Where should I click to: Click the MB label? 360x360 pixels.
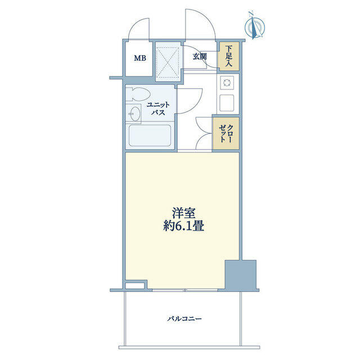[x=140, y=58]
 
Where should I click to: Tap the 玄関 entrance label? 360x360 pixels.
[x=200, y=56]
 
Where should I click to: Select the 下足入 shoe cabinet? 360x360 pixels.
[x=228, y=56]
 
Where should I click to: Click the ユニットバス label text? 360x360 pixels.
[x=158, y=109]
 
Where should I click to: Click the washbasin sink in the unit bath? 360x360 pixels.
[x=134, y=114]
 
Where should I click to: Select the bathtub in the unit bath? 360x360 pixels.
[x=150, y=136]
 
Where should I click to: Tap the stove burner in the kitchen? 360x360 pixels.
[x=227, y=83]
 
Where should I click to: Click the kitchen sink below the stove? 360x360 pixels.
[x=227, y=102]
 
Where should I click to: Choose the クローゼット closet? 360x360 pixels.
[x=226, y=134]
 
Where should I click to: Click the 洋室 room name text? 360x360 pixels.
[x=184, y=213]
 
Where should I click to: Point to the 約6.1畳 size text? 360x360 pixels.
[x=184, y=226]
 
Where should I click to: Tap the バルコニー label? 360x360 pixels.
[x=184, y=319]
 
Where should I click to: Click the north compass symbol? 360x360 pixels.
[x=254, y=26]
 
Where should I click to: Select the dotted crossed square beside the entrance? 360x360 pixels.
[x=167, y=62]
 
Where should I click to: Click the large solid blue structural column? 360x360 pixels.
[x=240, y=275]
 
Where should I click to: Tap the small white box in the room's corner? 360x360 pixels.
[x=135, y=285]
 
